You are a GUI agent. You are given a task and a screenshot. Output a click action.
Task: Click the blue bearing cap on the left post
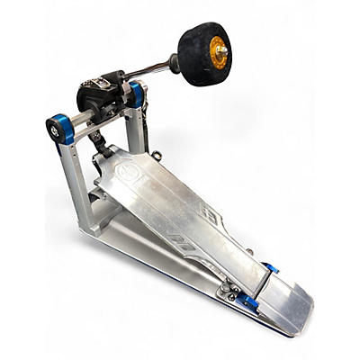(x=57, y=129)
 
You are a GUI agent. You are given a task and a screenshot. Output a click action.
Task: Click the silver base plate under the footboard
(x=144, y=256)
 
